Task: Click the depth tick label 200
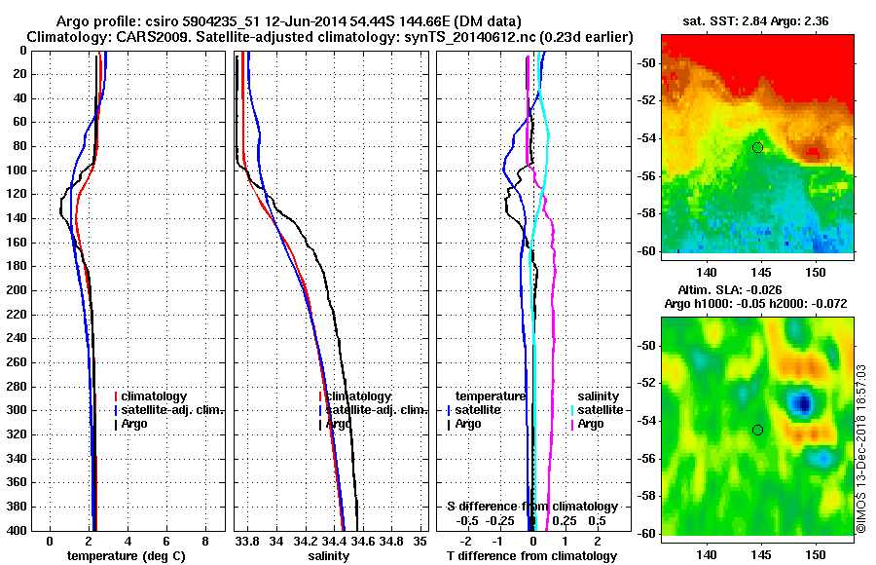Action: tap(17, 290)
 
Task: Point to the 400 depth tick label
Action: tap(17, 530)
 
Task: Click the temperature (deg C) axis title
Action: tap(126, 556)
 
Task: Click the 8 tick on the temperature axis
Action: tap(205, 540)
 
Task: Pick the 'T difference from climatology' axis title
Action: tap(531, 556)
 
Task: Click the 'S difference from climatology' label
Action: tap(532, 507)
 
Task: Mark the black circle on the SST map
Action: tap(757, 147)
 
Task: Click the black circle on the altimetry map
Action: tap(757, 430)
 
